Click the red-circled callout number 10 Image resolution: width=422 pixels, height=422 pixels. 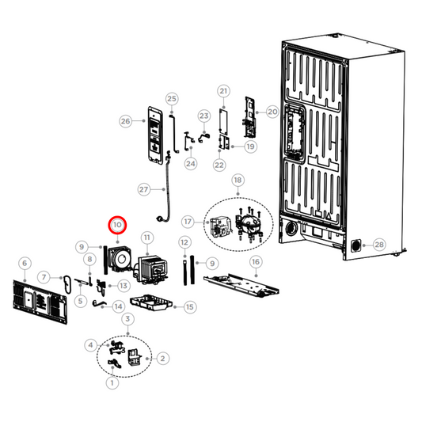tap(117, 225)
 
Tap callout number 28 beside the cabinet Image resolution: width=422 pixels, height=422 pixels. tap(379, 245)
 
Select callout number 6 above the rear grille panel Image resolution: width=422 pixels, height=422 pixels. tap(25, 263)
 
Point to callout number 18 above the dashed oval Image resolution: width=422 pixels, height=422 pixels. tap(238, 180)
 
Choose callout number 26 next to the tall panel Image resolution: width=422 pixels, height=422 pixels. tap(126, 121)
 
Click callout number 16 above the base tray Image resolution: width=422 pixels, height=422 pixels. tap(256, 261)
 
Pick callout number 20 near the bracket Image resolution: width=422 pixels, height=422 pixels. tap(272, 112)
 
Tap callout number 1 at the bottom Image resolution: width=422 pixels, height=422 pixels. tap(112, 382)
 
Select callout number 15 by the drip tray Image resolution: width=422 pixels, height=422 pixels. tap(190, 307)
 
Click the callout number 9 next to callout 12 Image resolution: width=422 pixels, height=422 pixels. tap(212, 264)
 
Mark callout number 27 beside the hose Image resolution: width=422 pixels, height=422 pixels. tap(144, 189)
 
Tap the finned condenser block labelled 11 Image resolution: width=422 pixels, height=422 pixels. tap(152, 269)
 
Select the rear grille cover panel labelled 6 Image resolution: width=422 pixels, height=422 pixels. tap(40, 301)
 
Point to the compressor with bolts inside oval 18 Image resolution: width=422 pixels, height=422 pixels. tap(249, 222)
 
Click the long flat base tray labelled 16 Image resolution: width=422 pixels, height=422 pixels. tap(241, 286)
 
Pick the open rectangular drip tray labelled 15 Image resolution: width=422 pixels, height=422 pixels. tap(150, 302)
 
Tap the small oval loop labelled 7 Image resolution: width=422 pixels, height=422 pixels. tap(67, 284)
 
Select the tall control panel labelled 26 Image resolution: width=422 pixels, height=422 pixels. tap(155, 135)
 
